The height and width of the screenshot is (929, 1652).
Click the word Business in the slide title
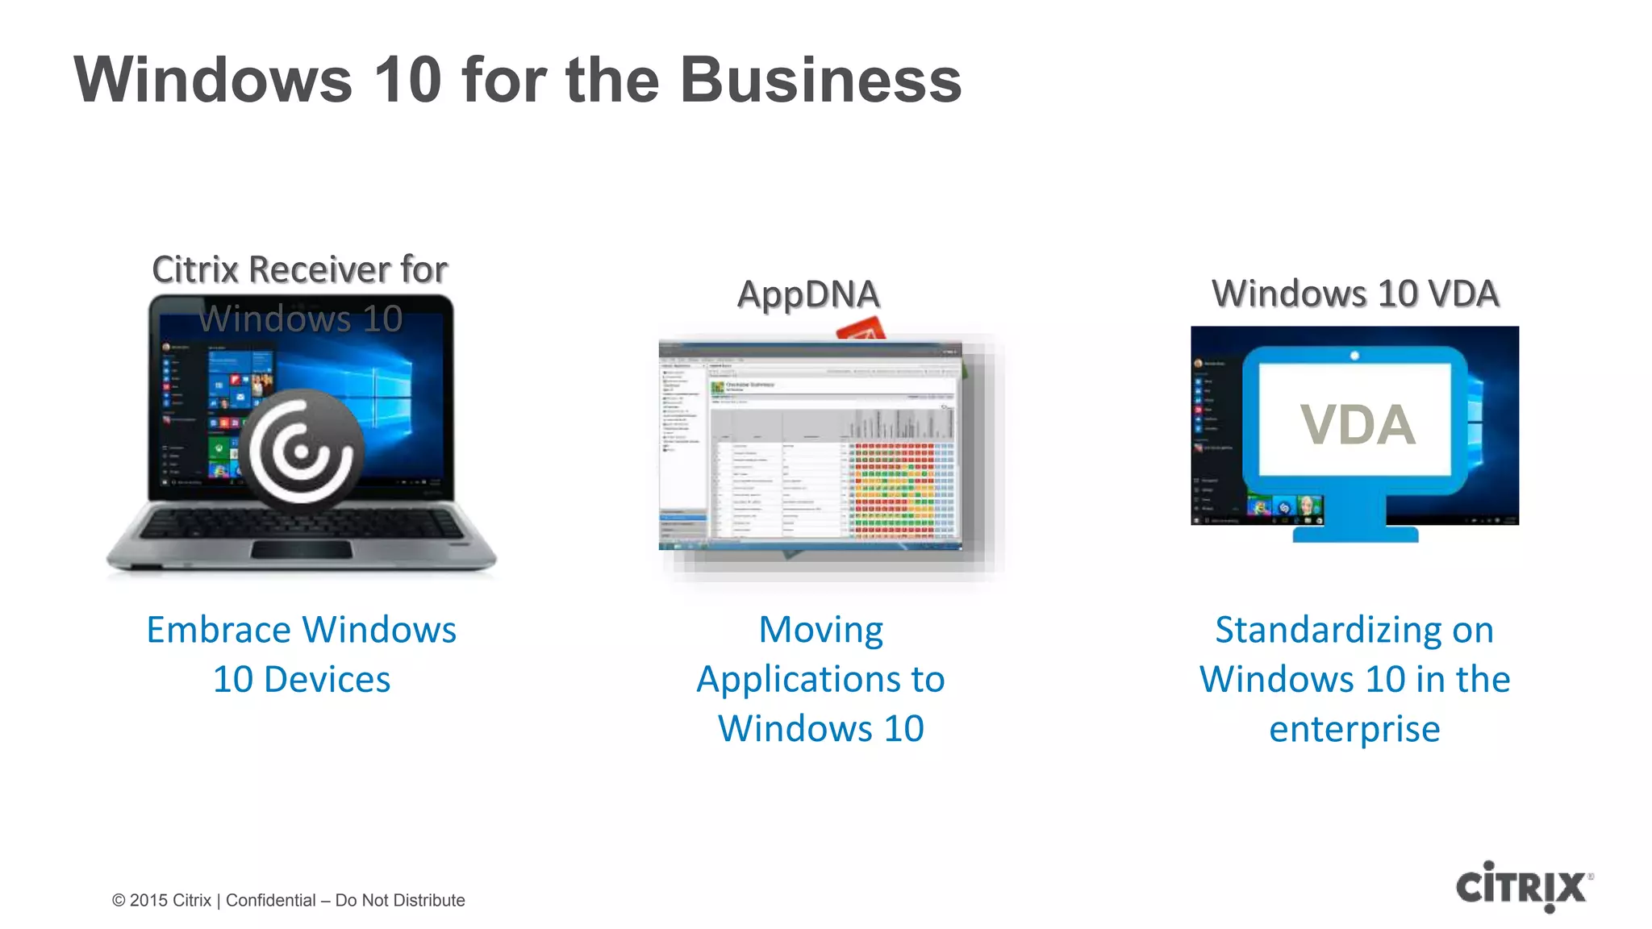pos(820,80)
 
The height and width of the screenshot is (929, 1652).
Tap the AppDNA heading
pos(807,294)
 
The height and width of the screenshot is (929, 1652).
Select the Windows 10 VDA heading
pos(1355,294)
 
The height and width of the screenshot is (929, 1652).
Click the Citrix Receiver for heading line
pos(299,269)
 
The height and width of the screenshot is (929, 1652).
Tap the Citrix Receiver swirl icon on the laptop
pos(301,449)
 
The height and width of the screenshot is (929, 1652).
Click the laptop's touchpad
pos(301,549)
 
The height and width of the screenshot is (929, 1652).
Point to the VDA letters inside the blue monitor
pos(1358,424)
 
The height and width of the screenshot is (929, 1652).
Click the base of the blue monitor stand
pos(1355,534)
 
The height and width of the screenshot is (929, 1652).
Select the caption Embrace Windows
pos(301,630)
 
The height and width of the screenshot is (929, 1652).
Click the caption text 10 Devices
pos(301,680)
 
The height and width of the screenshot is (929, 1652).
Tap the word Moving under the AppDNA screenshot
pos(820,630)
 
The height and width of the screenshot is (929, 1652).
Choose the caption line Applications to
pos(820,680)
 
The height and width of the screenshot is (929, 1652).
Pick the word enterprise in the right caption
pos(1354,729)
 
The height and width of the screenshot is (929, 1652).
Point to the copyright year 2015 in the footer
pos(148,900)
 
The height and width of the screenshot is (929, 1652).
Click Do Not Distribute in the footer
pos(400,900)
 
